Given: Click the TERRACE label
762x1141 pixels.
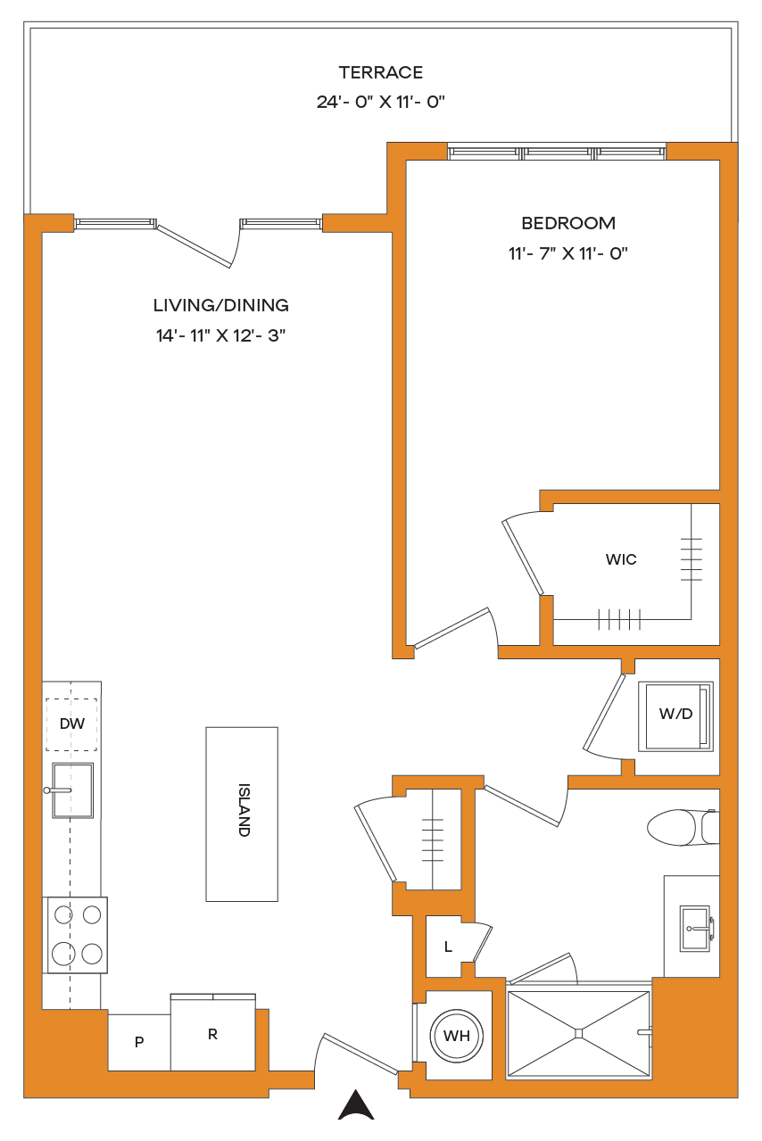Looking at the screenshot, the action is click(381, 72).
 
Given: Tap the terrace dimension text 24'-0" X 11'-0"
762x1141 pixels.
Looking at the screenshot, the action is click(380, 102).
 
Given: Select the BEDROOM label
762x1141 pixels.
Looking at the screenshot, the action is click(568, 223).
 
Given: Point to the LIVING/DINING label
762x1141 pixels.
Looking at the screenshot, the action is click(221, 305).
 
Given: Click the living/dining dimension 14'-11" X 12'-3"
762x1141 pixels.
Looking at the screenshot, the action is click(220, 335).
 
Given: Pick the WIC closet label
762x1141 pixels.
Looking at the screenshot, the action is click(621, 559).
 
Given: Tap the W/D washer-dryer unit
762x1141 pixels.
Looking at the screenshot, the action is click(675, 716).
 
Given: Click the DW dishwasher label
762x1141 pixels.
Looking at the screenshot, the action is click(71, 723).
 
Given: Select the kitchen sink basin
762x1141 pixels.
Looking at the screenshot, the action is click(72, 790).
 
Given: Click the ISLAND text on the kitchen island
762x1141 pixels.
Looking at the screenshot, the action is click(244, 810).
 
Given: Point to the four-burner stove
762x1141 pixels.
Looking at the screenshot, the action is click(78, 935).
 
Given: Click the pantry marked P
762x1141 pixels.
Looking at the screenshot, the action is click(139, 1042).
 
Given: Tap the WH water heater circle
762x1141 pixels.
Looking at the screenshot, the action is click(456, 1036).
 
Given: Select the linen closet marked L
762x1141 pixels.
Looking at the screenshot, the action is click(448, 947).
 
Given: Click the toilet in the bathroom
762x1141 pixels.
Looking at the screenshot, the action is click(683, 828).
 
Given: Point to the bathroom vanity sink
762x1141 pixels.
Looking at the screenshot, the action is click(696, 928).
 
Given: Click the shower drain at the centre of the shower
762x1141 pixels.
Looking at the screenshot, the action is click(578, 1034).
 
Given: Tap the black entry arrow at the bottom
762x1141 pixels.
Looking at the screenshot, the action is click(356, 1104).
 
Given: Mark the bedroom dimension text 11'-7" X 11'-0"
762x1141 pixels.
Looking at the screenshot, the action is click(568, 253).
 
